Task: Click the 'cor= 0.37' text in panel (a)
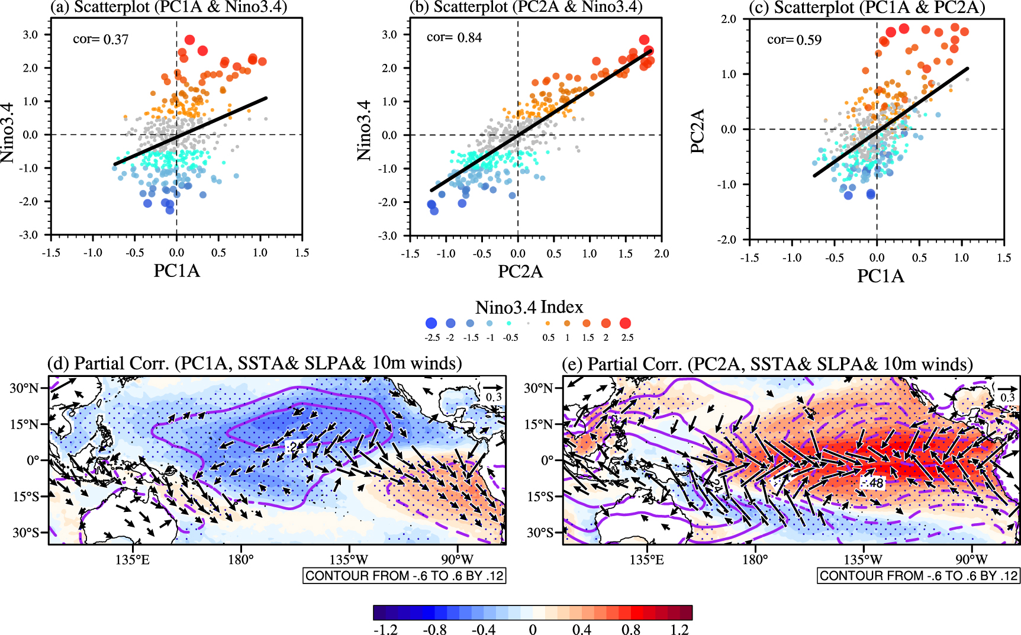click(x=101, y=40)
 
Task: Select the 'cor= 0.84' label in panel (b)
click(x=454, y=38)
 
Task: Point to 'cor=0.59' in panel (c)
click(x=794, y=40)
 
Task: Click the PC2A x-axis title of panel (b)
click(x=520, y=271)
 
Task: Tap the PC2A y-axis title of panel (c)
click(x=698, y=131)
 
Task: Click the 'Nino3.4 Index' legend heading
click(x=529, y=307)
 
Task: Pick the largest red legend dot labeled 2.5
click(x=625, y=323)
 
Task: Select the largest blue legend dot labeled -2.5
click(x=431, y=323)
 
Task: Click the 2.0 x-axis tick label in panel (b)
click(x=661, y=254)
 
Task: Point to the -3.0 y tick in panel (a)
click(x=30, y=235)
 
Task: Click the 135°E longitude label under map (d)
click(x=133, y=559)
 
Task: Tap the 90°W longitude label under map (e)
click(x=971, y=559)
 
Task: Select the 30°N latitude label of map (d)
click(x=24, y=388)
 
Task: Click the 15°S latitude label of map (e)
click(x=540, y=496)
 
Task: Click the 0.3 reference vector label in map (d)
click(x=494, y=397)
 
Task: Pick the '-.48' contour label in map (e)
click(x=872, y=483)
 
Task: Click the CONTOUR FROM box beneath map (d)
click(x=404, y=575)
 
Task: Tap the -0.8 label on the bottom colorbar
click(x=434, y=629)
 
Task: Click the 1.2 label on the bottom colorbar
click(x=679, y=629)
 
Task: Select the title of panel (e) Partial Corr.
click(x=767, y=364)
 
